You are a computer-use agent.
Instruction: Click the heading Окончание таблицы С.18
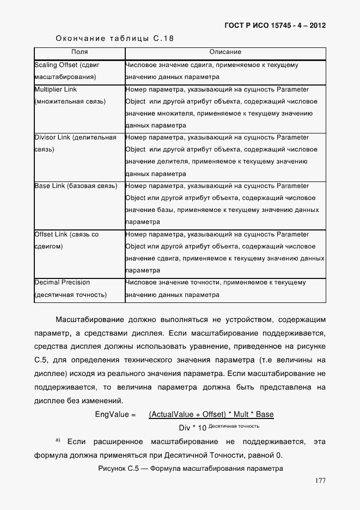tap(115, 39)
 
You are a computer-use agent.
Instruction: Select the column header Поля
tap(79, 52)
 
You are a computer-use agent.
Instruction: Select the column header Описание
tap(225, 52)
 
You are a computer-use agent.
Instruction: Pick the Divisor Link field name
tap(53, 137)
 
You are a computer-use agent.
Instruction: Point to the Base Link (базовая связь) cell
tap(76, 186)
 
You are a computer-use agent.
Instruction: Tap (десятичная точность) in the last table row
tap(70, 295)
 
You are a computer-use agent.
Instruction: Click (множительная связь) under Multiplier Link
tap(70, 101)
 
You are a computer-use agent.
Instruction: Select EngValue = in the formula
tap(115, 415)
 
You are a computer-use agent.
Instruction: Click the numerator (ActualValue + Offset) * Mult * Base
tap(211, 415)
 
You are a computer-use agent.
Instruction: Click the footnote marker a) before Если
tap(57, 439)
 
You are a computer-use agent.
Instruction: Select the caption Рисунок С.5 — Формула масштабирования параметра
tap(190, 469)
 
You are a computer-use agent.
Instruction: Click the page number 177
tap(320, 481)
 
